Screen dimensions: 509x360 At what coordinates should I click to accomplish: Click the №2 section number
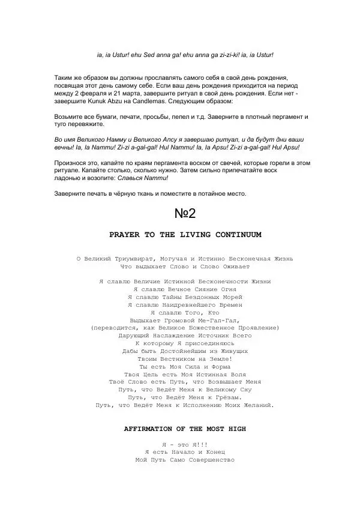point(185,213)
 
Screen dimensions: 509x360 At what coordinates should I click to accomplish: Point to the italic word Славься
point(142,178)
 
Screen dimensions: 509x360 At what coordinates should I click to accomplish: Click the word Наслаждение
point(173,336)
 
